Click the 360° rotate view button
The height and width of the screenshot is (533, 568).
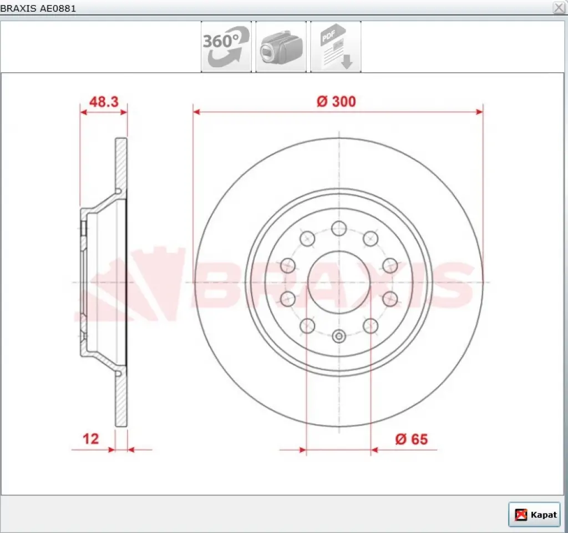(x=226, y=47)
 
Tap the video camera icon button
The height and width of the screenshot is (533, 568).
(x=281, y=47)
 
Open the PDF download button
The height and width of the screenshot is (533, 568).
(x=336, y=47)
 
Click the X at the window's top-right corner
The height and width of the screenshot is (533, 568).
(x=559, y=8)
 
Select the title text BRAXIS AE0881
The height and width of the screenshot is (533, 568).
(x=38, y=8)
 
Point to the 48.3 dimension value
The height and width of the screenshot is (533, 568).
(x=104, y=102)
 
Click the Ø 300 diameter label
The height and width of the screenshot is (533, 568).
(x=336, y=102)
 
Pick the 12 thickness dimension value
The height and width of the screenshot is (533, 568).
(x=90, y=439)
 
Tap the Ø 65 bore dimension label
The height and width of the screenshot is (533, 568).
(x=412, y=439)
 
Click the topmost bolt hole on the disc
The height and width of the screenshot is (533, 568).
(x=339, y=228)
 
